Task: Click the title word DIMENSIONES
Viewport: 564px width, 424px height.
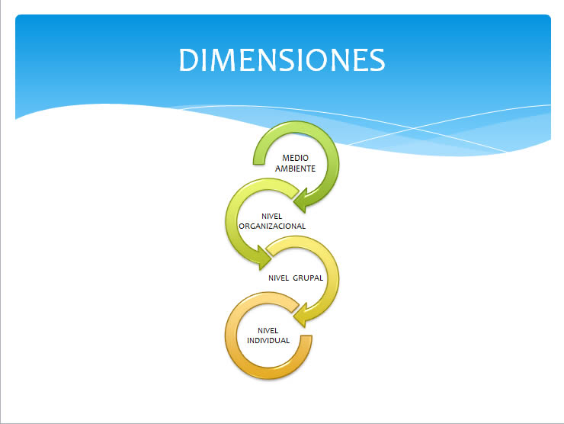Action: point(282,59)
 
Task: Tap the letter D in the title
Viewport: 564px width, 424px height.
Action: point(188,59)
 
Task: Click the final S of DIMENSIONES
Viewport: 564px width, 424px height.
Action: point(377,59)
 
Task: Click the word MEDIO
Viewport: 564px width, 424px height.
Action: point(295,158)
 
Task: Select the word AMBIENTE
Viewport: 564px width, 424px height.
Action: point(295,169)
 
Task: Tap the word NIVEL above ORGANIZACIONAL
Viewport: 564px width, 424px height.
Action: point(271,217)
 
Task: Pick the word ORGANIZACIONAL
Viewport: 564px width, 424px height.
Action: point(272,226)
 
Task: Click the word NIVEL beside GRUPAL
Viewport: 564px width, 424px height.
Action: point(279,278)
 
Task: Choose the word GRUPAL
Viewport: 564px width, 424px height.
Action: point(308,278)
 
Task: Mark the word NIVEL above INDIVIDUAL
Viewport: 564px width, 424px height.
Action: point(268,330)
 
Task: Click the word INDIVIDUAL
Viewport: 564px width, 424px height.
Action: point(268,340)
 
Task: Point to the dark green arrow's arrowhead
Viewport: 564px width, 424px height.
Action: point(301,201)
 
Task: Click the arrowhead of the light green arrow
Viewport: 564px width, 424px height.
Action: point(263,257)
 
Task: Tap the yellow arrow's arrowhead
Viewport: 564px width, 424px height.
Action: point(301,315)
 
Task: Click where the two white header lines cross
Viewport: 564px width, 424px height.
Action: point(414,128)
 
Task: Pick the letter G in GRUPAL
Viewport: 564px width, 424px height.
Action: point(296,278)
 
